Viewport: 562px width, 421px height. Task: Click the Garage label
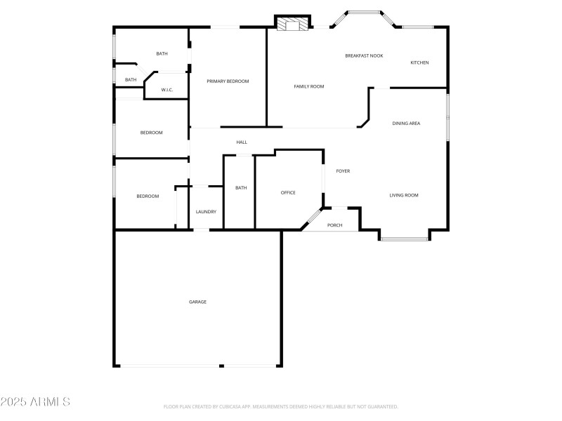(197, 302)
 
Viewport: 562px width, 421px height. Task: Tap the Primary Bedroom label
(228, 81)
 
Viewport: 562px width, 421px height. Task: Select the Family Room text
(308, 86)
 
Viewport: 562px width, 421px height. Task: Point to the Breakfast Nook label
(364, 55)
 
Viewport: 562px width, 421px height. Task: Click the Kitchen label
(419, 62)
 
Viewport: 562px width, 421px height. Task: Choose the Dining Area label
(406, 123)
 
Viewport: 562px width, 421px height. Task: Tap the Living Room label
(404, 195)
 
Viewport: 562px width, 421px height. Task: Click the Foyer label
(343, 171)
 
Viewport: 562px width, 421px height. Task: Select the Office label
(288, 192)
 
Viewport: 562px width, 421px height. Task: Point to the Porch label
(335, 225)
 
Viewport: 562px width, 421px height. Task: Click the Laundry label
(206, 212)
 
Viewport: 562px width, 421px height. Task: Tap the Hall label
(242, 142)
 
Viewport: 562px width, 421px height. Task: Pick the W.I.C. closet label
(167, 90)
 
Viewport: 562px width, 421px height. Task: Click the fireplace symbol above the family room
(292, 25)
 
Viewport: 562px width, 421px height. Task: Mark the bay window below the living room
(405, 239)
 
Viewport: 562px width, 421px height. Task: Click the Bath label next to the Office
(241, 187)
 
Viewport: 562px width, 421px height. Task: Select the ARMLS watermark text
(35, 402)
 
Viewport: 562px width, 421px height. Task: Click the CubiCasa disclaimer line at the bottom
(281, 406)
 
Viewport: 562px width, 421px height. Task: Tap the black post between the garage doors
(221, 366)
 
